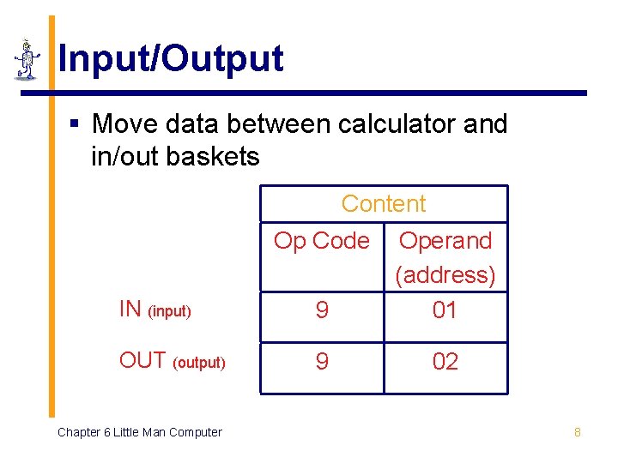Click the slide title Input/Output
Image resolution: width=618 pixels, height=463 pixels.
click(170, 59)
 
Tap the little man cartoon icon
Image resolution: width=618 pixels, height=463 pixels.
click(27, 60)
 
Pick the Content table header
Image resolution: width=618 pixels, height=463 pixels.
click(383, 204)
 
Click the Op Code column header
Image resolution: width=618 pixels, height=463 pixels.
click(321, 241)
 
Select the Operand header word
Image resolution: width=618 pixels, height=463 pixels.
click(445, 241)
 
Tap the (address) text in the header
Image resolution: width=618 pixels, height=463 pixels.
click(445, 275)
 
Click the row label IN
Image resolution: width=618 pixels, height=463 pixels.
click(130, 310)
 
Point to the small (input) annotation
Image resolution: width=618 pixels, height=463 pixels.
click(169, 312)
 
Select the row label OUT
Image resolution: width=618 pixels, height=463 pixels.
click(142, 360)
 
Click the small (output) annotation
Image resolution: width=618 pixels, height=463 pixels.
click(199, 364)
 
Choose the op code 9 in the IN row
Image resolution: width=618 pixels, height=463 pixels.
click(321, 310)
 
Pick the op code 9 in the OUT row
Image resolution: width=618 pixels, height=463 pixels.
click(321, 362)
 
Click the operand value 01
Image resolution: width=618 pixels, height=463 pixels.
click(445, 310)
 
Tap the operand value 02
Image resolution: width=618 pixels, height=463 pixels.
click(445, 362)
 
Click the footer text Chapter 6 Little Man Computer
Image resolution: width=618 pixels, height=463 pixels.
click(139, 432)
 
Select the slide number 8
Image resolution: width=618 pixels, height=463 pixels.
click(577, 432)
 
